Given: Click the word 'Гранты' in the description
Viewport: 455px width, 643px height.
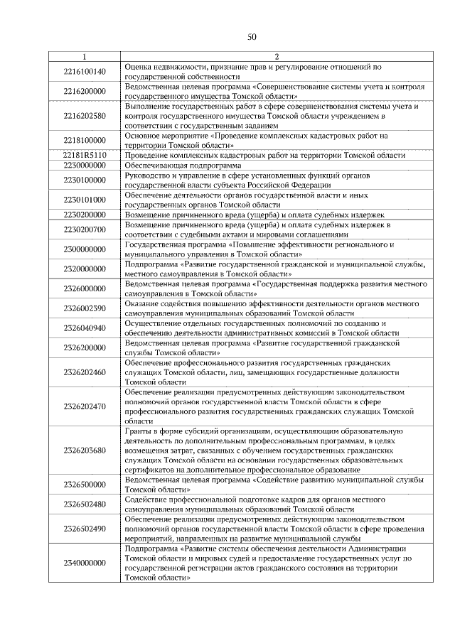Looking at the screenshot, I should [139, 431].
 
